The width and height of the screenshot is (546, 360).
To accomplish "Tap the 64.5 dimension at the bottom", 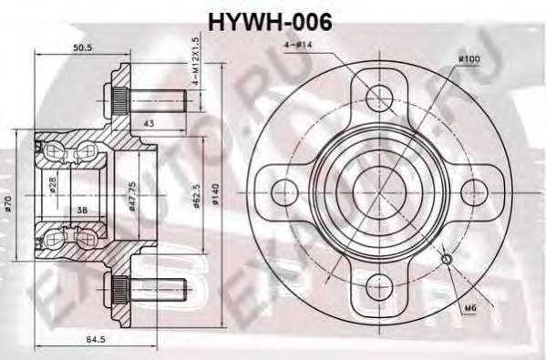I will coord(84,339).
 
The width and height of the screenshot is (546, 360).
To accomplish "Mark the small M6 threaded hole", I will coord(447,261).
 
